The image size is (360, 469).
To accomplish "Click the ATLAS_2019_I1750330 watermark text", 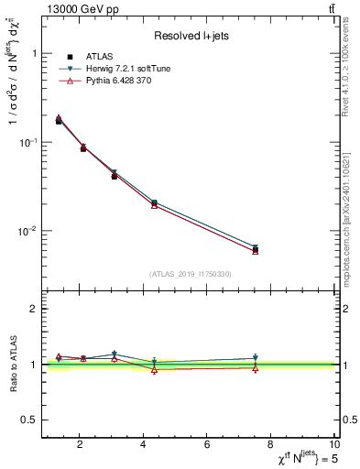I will (x=191, y=274).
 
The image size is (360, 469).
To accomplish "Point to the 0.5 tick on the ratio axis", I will (x=29, y=420).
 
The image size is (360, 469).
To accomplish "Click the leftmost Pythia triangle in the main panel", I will (x=59, y=117).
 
